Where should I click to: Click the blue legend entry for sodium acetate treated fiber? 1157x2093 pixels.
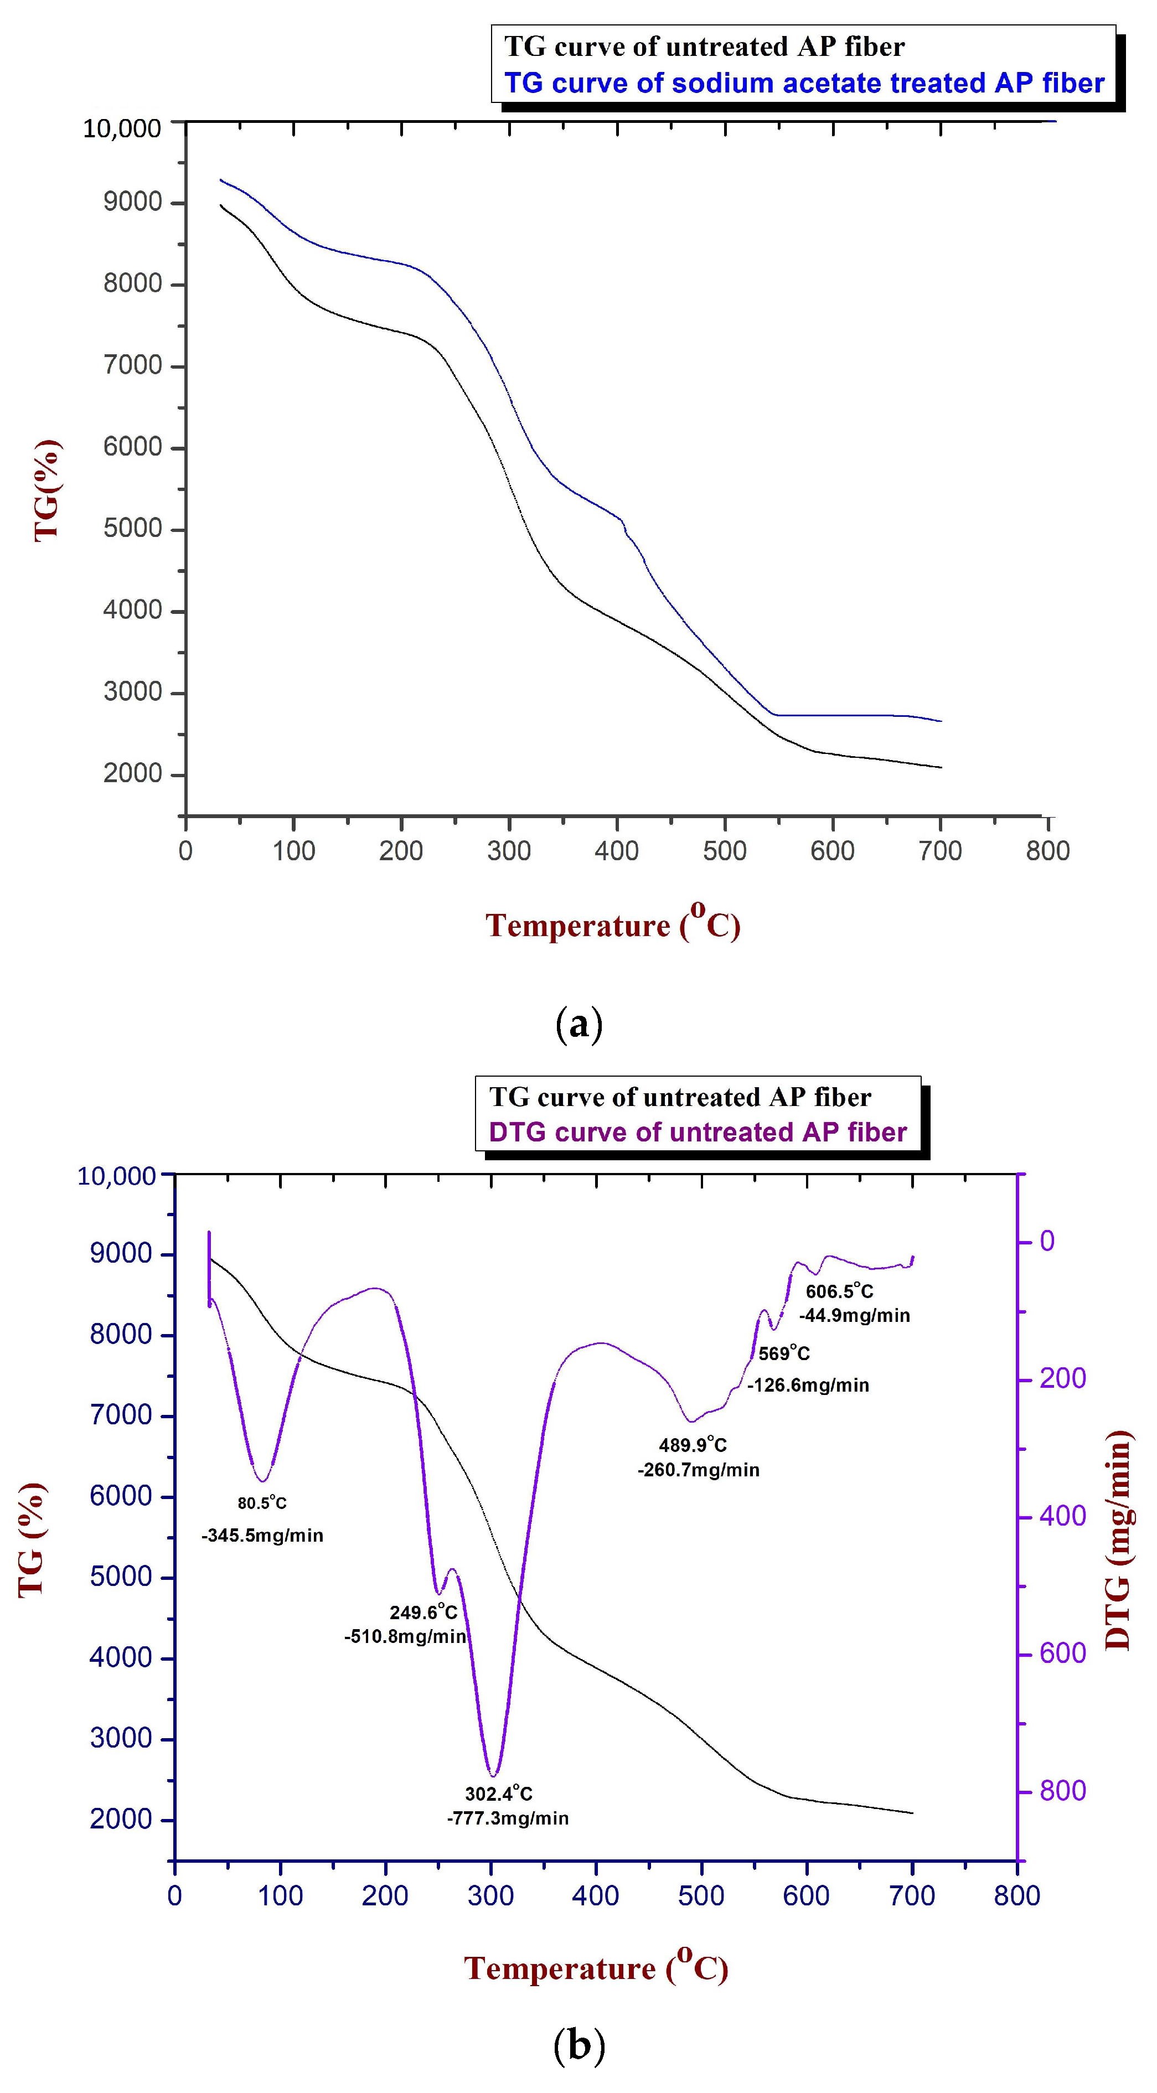[x=804, y=83]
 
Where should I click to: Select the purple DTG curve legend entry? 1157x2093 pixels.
[x=697, y=1132]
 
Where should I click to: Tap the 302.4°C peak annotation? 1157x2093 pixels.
[x=499, y=1793]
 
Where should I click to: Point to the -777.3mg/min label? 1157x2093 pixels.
[x=508, y=1818]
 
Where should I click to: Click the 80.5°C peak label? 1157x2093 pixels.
[x=262, y=1502]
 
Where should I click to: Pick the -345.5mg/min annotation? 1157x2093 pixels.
[x=262, y=1536]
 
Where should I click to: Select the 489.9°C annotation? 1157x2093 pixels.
[x=692, y=1445]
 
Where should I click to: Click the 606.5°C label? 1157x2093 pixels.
[x=839, y=1291]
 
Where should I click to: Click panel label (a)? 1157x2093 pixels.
[x=578, y=1025]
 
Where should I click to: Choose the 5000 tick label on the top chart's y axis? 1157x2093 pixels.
[x=132, y=529]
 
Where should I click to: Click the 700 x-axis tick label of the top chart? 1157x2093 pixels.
[x=940, y=851]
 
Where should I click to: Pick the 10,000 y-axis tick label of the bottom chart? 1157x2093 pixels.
[x=116, y=1176]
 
